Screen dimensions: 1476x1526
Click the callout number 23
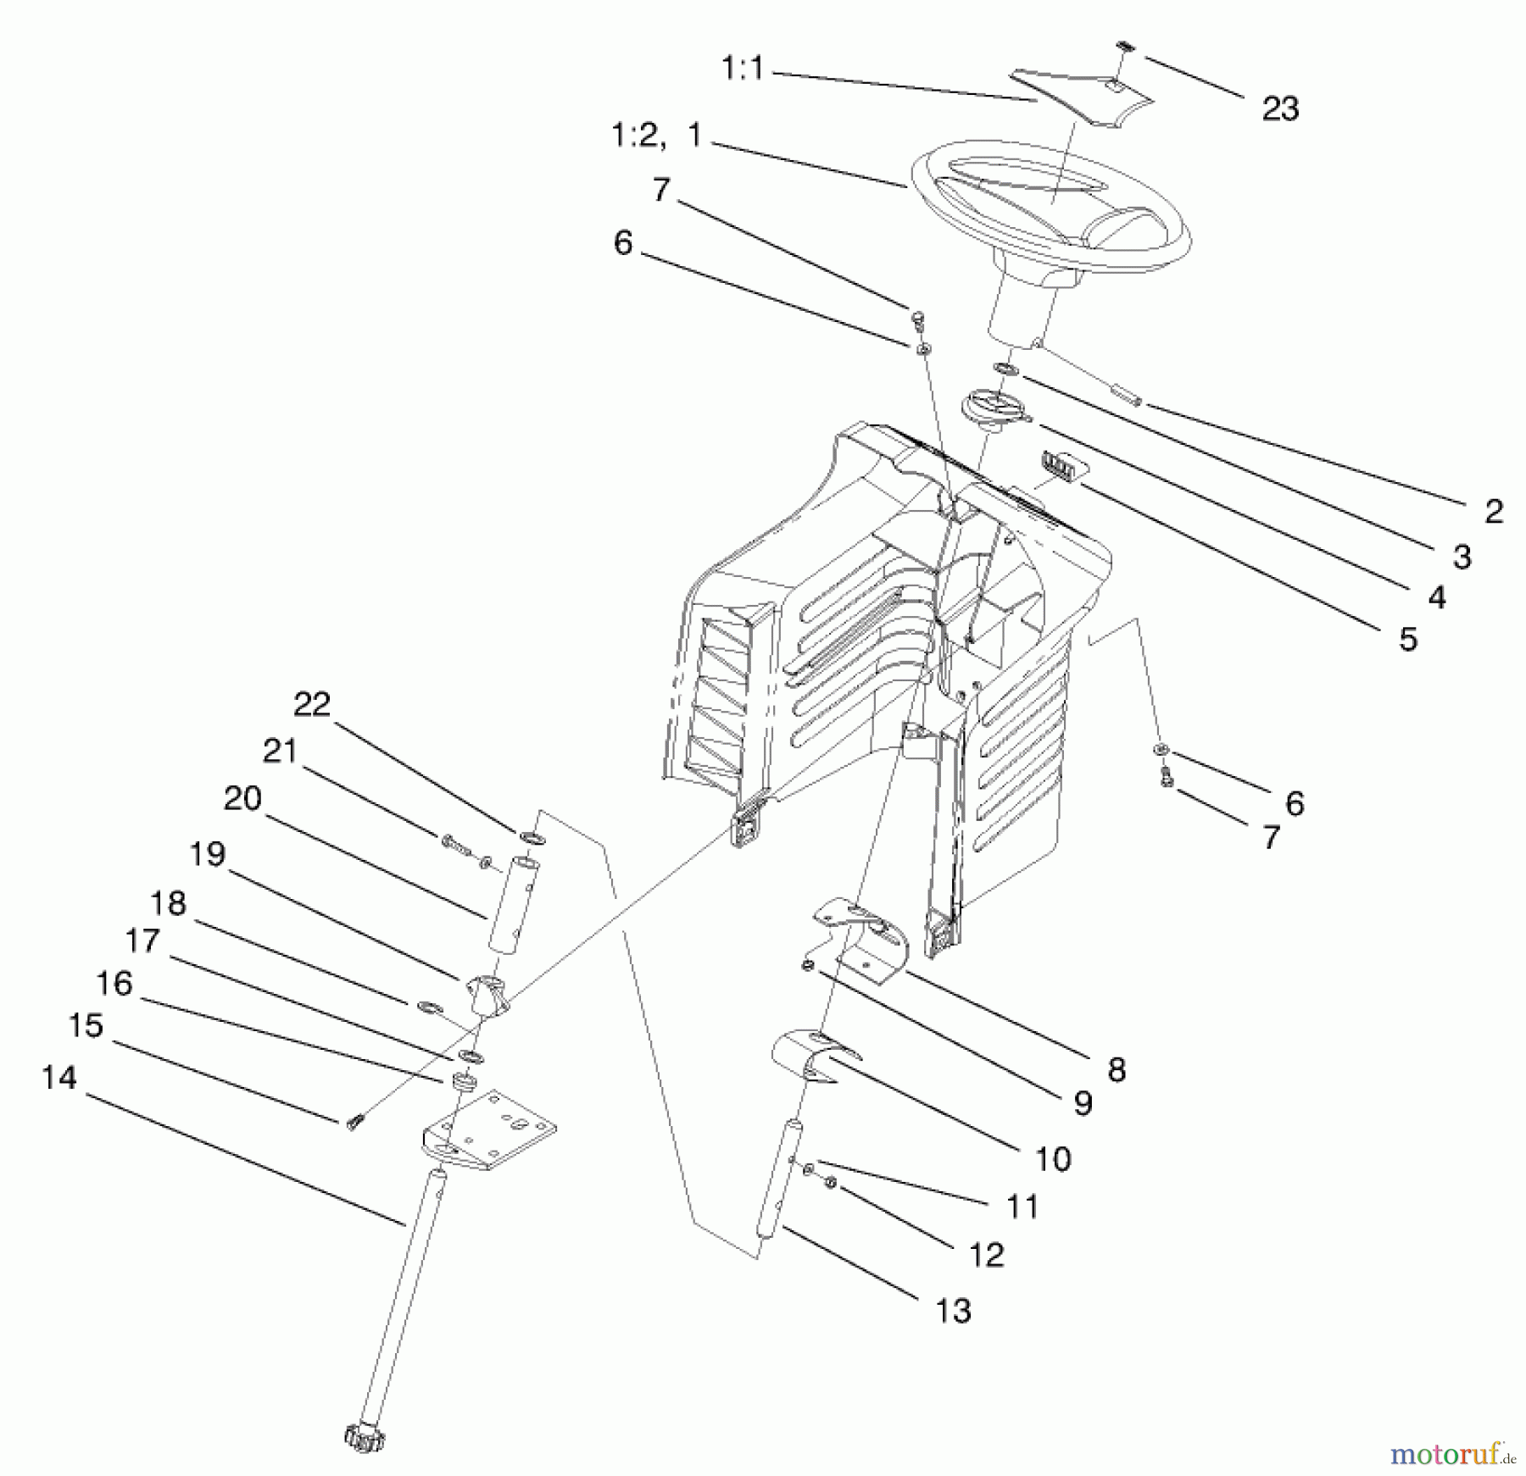coord(1280,109)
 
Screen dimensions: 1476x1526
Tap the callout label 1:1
coord(743,69)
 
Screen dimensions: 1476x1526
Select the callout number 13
coord(953,1310)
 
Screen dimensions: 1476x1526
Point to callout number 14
coord(59,1078)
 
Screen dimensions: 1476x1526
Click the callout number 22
coord(312,704)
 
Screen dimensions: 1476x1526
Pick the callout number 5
coord(1407,640)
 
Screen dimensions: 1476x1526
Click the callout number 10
coord(1054,1158)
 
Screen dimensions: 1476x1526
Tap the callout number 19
coord(207,854)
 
